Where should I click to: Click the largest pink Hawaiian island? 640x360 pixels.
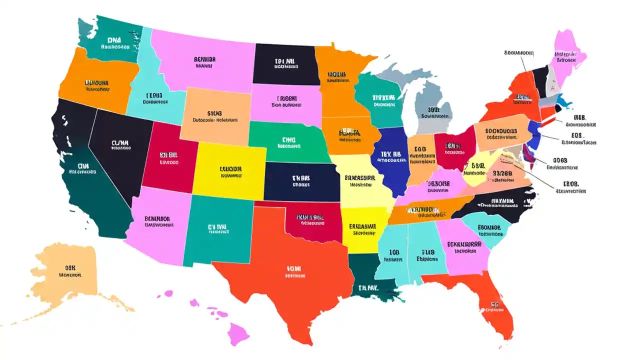point(237,332)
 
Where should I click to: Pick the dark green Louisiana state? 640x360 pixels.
point(367,280)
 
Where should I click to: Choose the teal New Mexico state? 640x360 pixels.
point(217,230)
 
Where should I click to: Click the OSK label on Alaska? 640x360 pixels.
point(70,267)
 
